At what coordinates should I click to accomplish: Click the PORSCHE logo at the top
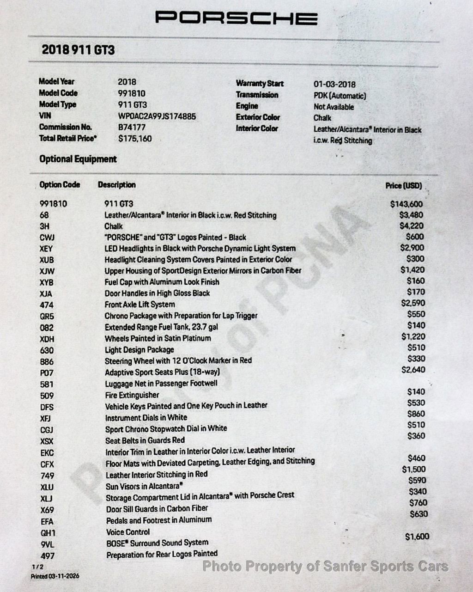[x=236, y=18]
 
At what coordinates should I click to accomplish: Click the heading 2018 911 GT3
[x=78, y=50]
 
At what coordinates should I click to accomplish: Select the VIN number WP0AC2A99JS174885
[x=157, y=116]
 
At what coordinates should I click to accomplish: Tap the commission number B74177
[x=132, y=127]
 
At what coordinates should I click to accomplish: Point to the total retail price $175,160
[x=134, y=138]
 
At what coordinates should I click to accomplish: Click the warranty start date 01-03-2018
[x=334, y=84]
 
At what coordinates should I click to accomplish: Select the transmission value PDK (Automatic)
[x=340, y=96]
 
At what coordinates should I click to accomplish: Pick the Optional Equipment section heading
[x=78, y=159]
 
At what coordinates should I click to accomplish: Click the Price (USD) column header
[x=404, y=186]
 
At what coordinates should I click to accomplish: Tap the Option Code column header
[x=60, y=185]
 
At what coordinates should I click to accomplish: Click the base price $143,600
[x=406, y=204]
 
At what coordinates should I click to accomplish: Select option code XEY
[x=46, y=249]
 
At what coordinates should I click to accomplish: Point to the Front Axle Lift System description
[x=139, y=305]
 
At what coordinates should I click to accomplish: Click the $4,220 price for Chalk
[x=411, y=226]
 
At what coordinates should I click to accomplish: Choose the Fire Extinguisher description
[x=132, y=395]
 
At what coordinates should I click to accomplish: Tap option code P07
[x=47, y=373]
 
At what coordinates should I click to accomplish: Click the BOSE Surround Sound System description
[x=157, y=543]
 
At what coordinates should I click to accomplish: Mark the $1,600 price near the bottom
[x=417, y=537]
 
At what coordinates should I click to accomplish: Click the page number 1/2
[x=37, y=567]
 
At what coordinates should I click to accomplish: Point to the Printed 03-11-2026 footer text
[x=55, y=576]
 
